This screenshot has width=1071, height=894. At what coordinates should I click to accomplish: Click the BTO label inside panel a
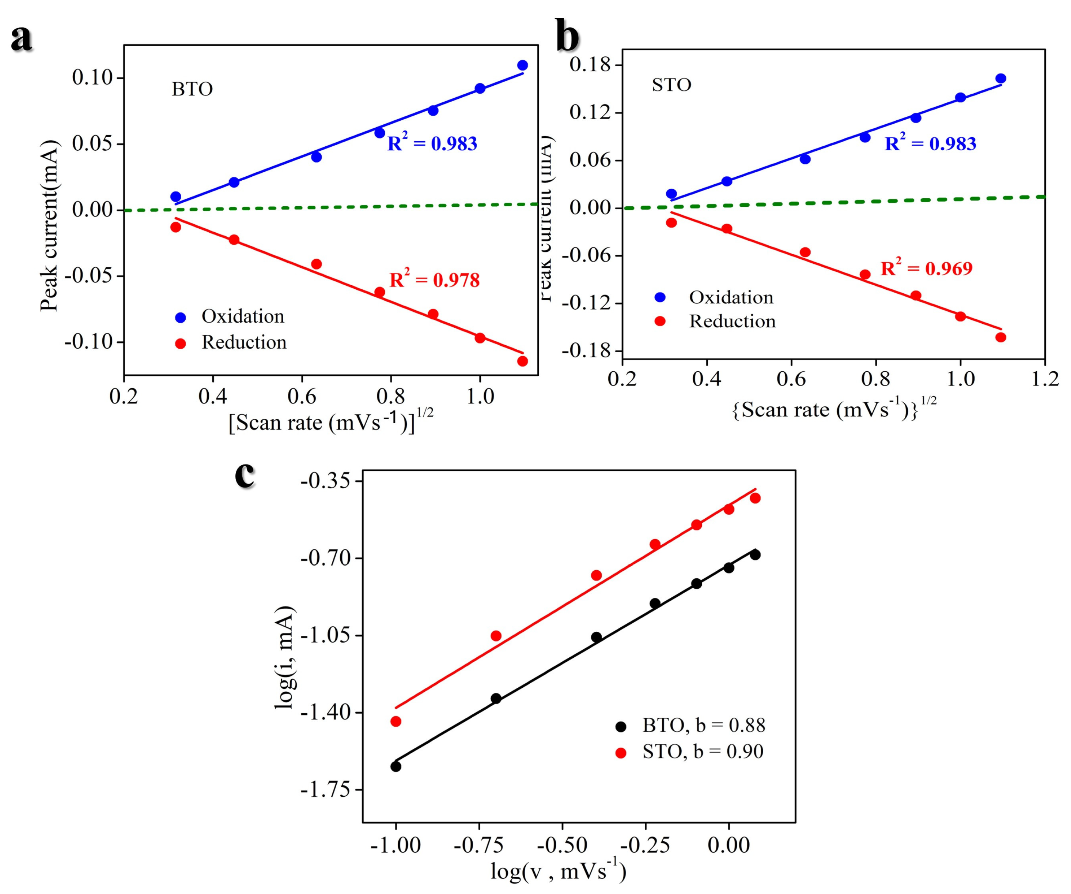[x=192, y=89]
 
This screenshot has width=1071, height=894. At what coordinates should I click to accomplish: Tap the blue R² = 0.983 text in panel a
[x=432, y=144]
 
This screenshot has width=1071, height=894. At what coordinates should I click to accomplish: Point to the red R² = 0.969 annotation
[x=926, y=268]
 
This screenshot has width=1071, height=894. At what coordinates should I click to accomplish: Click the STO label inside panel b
[x=671, y=85]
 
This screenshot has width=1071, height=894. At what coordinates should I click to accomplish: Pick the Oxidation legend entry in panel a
[x=242, y=316]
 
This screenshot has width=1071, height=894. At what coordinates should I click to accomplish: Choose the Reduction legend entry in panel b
[x=732, y=322]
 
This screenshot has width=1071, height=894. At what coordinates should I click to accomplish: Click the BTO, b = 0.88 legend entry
[x=703, y=725]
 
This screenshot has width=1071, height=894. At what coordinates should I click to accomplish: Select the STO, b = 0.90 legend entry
[x=702, y=752]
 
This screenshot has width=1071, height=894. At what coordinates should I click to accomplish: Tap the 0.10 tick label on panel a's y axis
[x=92, y=78]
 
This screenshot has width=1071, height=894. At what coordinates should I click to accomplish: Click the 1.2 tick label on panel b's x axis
[x=1044, y=379]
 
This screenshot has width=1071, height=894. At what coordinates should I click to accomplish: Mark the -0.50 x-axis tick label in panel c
[x=562, y=845]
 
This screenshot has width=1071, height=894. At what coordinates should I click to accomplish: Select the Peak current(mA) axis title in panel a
[x=49, y=225]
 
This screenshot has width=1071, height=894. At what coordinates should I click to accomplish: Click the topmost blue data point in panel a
[x=522, y=65]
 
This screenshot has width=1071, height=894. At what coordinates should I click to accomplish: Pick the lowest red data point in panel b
[x=1000, y=337]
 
